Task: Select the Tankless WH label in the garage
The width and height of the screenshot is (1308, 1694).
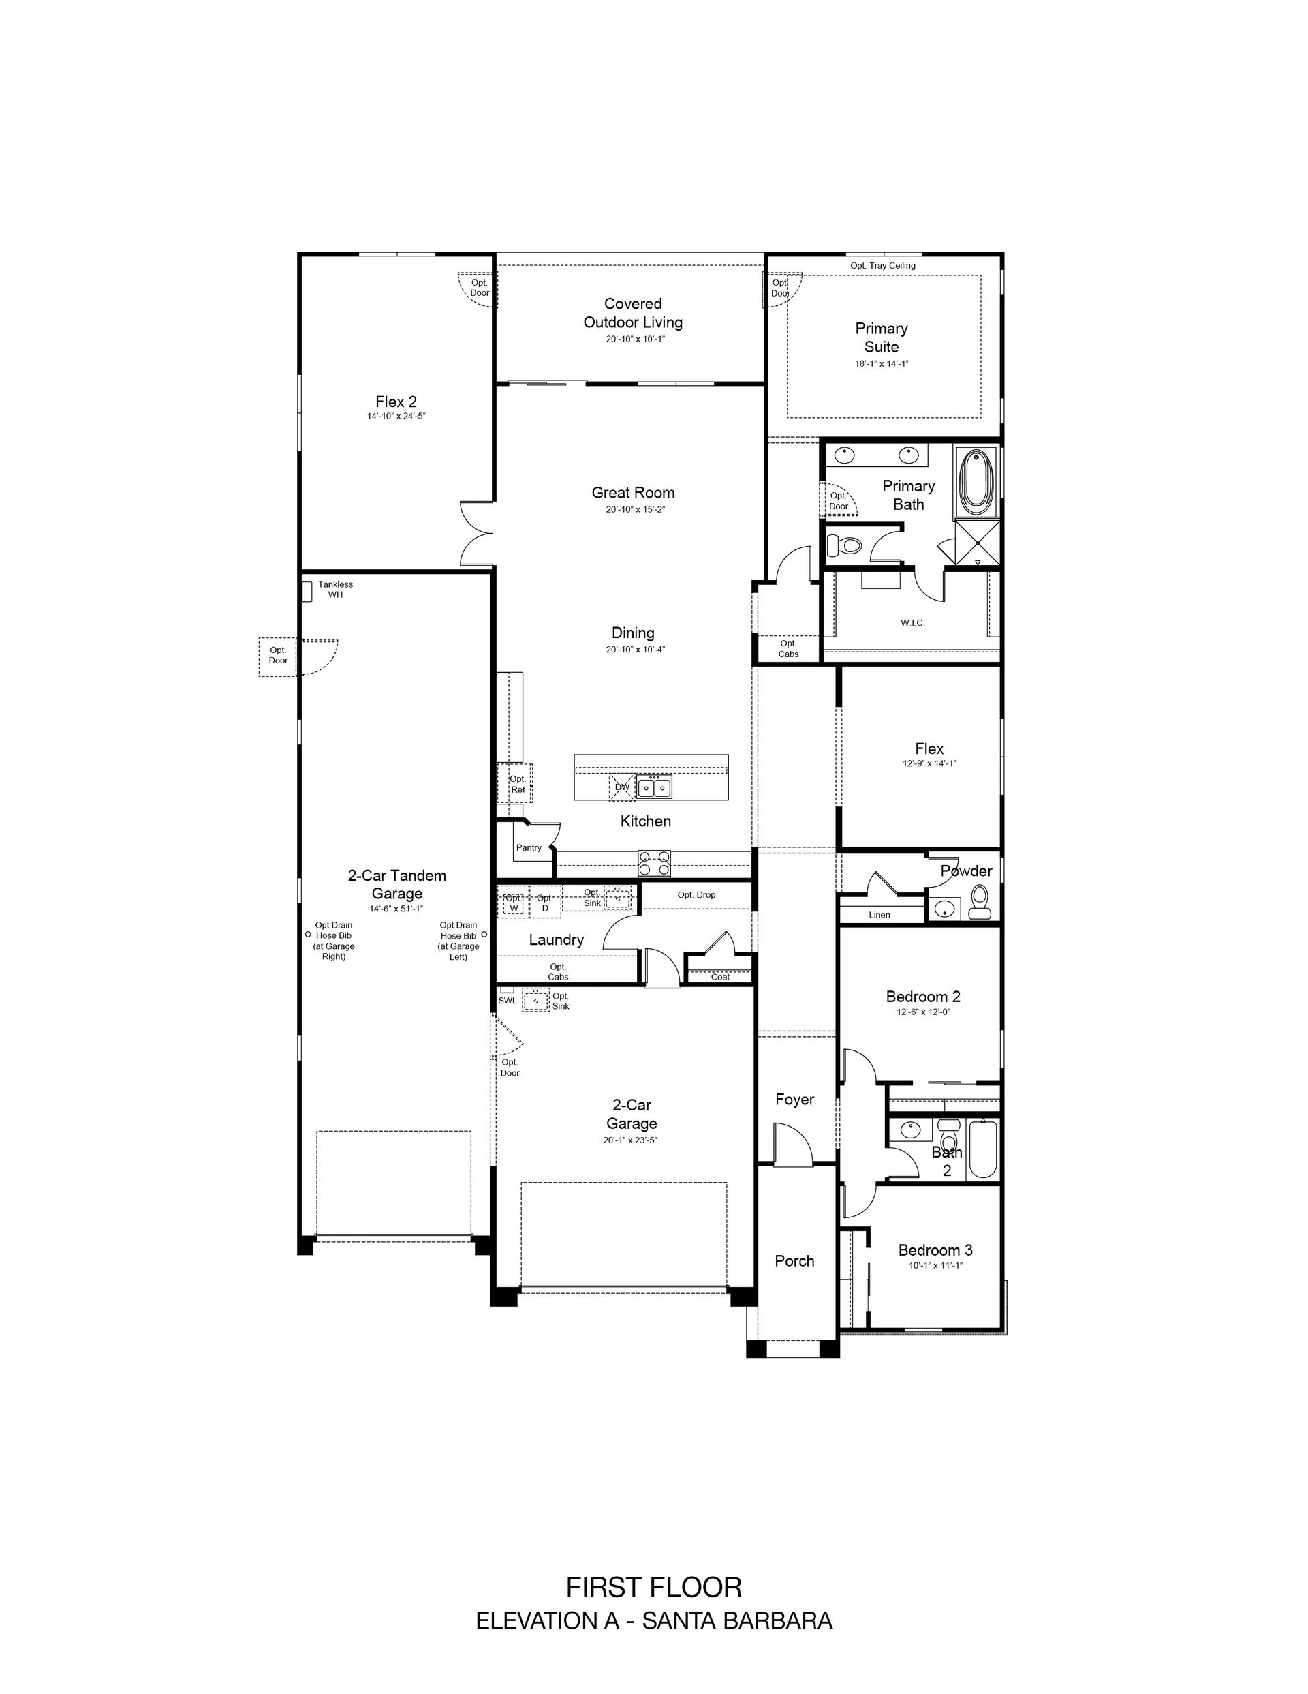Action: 335,590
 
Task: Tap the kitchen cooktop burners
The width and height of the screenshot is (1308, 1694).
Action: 653,862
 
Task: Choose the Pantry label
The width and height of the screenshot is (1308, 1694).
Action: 529,848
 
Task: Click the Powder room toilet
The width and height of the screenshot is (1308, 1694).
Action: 980,902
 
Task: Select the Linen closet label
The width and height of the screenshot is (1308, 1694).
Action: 879,916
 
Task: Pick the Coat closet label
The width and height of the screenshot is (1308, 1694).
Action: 720,978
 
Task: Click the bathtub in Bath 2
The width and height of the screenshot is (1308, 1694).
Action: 982,1149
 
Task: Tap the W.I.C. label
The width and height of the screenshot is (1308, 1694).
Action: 913,623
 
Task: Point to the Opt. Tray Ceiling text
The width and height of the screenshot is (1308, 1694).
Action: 882,265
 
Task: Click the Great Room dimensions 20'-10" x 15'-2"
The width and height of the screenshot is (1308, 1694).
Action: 636,510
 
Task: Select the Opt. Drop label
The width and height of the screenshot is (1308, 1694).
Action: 696,895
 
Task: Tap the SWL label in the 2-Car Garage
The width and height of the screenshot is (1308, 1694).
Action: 507,1001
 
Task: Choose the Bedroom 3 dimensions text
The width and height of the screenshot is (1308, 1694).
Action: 936,1265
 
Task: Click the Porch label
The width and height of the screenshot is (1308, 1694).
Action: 795,1261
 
